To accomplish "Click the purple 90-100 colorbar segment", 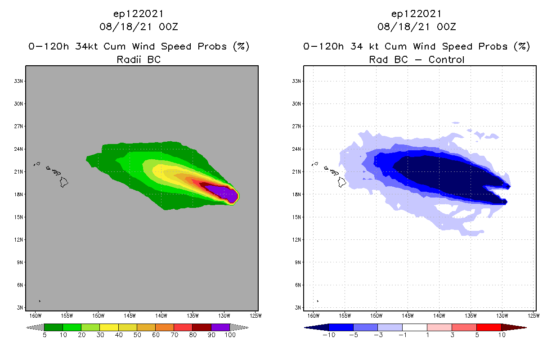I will click(x=220, y=327).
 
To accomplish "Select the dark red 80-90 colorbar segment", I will click(x=202, y=327).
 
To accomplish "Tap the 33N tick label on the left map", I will click(x=19, y=81).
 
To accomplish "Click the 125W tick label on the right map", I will click(x=534, y=315).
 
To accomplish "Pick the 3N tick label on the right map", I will click(x=298, y=307).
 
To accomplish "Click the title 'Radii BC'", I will click(x=139, y=59).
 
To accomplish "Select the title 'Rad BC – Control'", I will click(x=417, y=59).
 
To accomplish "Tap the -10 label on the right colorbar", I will click(x=328, y=335).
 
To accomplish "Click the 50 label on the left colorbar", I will click(x=137, y=335).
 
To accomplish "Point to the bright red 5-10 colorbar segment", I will click(x=489, y=327).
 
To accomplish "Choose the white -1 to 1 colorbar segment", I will click(x=414, y=327).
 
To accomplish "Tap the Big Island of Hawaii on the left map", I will click(x=64, y=182).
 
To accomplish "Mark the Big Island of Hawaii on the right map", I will click(x=342, y=182).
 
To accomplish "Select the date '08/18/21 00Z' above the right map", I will click(x=417, y=27).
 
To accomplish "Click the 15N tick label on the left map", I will click(x=19, y=217).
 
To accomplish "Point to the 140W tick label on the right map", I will click(x=439, y=315).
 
